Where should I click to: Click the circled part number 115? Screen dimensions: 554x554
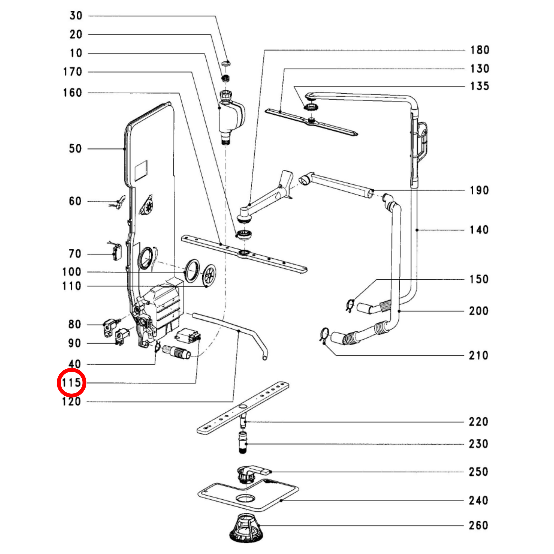tap(71, 383)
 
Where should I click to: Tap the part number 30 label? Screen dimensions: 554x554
tap(76, 15)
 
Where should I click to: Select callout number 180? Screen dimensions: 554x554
tap(480, 50)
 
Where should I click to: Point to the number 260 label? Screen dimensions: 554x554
tap(479, 525)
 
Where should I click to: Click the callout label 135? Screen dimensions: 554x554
tap(480, 86)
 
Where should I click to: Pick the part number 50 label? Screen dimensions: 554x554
tap(75, 149)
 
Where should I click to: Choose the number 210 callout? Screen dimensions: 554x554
tap(479, 356)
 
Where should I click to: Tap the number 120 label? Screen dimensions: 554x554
tap(71, 401)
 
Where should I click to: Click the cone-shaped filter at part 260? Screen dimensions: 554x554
tap(245, 528)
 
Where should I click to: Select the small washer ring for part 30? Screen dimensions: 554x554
tap(227, 63)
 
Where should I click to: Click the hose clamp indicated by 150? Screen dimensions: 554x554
tap(350, 305)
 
